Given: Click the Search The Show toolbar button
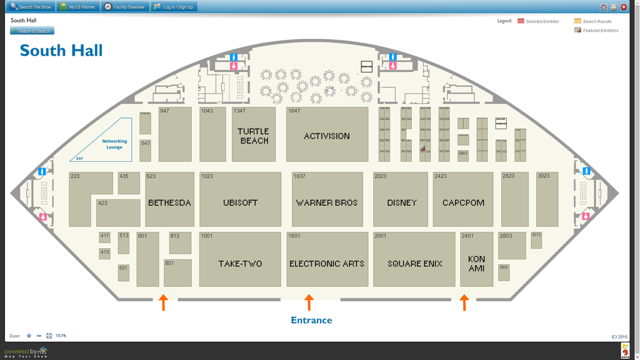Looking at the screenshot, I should (x=31, y=7).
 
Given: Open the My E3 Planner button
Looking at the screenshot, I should (x=77, y=7).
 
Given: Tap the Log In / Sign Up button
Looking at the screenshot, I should (x=173, y=7).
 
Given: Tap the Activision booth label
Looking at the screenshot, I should (x=327, y=136).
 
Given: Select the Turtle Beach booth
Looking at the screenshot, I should (x=253, y=136).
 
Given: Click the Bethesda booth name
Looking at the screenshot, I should (x=169, y=203).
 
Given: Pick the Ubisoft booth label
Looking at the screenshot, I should (x=240, y=203).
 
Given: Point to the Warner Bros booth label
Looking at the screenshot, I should (x=327, y=203).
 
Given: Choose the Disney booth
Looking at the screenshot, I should (x=401, y=203).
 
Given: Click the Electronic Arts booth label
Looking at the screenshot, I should (x=327, y=264).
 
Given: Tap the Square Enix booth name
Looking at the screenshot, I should (x=414, y=264).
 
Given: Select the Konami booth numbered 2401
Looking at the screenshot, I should (x=476, y=263).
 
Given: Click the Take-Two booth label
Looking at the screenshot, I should (x=240, y=264).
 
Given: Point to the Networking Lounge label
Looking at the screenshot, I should (x=114, y=144).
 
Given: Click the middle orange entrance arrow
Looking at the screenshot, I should (x=308, y=303).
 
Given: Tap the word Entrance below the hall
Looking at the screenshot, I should (x=311, y=321).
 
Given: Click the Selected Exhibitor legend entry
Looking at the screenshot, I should (x=538, y=21).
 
